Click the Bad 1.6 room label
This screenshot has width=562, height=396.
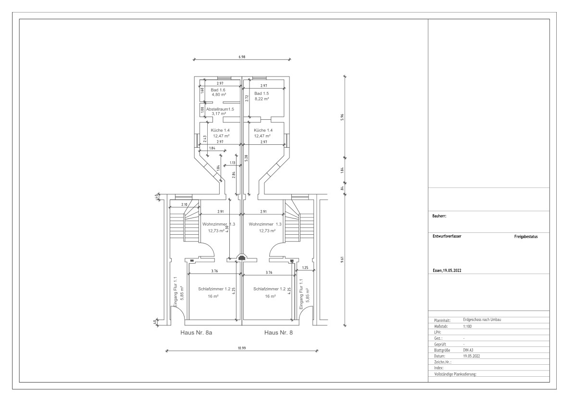coord(218,90)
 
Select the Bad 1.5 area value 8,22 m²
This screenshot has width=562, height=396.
coord(262,99)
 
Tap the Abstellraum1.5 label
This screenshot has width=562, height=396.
coord(220,109)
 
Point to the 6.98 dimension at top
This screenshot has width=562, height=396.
coord(242,57)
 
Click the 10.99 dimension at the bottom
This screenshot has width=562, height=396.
coord(242,348)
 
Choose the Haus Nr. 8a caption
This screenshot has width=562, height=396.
coord(196,332)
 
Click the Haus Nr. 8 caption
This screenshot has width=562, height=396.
coord(278,332)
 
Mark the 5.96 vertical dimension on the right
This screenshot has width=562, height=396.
coord(343,117)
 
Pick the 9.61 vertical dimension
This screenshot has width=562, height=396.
coord(343,260)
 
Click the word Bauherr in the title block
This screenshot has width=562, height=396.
coord(439,217)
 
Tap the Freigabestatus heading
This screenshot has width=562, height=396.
coord(526,237)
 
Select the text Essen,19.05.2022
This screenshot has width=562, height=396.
coord(447,271)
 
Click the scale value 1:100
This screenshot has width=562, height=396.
coord(467,326)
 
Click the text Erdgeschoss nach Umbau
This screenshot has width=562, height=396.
coord(482,319)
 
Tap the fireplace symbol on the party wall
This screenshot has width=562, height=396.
coord(242,257)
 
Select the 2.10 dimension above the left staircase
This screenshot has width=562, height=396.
coord(184,204)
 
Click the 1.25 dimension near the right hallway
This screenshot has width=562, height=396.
coord(305,268)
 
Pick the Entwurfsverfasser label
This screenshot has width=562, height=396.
coord(447,236)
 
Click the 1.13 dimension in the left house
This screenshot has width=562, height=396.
coord(232,163)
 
